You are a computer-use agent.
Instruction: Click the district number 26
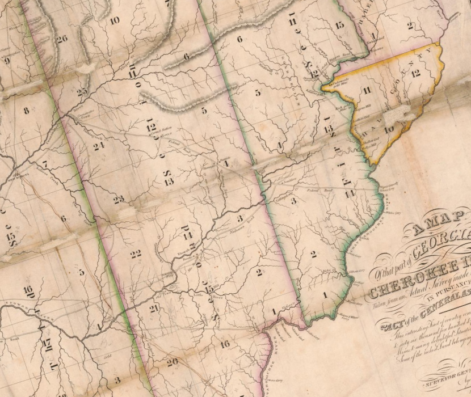pyautogui.click(x=62, y=39)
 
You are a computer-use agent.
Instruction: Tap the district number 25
pyautogui.click(x=82, y=91)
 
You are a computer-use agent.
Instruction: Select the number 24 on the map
pyautogui.click(x=99, y=146)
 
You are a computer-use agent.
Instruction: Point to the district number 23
pyautogui.click(x=118, y=199)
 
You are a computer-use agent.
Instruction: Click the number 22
pyautogui.click(x=134, y=254)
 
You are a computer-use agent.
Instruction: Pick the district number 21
pyautogui.click(x=154, y=307)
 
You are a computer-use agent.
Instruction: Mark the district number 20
pyautogui.click(x=173, y=361)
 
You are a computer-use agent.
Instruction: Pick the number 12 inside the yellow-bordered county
pyautogui.click(x=416, y=73)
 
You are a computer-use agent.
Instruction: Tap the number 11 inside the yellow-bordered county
pyautogui.click(x=367, y=90)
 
